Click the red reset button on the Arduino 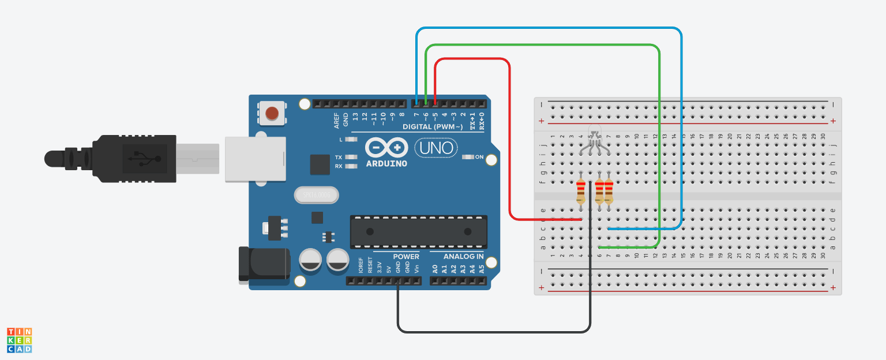coord(272,112)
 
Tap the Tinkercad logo coord(19,340)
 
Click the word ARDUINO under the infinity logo coord(386,163)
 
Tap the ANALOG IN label coord(464,256)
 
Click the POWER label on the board coord(406,256)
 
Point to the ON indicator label coord(479,157)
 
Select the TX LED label coord(339,157)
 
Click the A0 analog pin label coord(435,268)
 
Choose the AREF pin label coord(337,120)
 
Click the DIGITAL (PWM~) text coord(433,126)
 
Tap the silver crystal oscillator coord(316,196)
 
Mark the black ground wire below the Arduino coord(490,332)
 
